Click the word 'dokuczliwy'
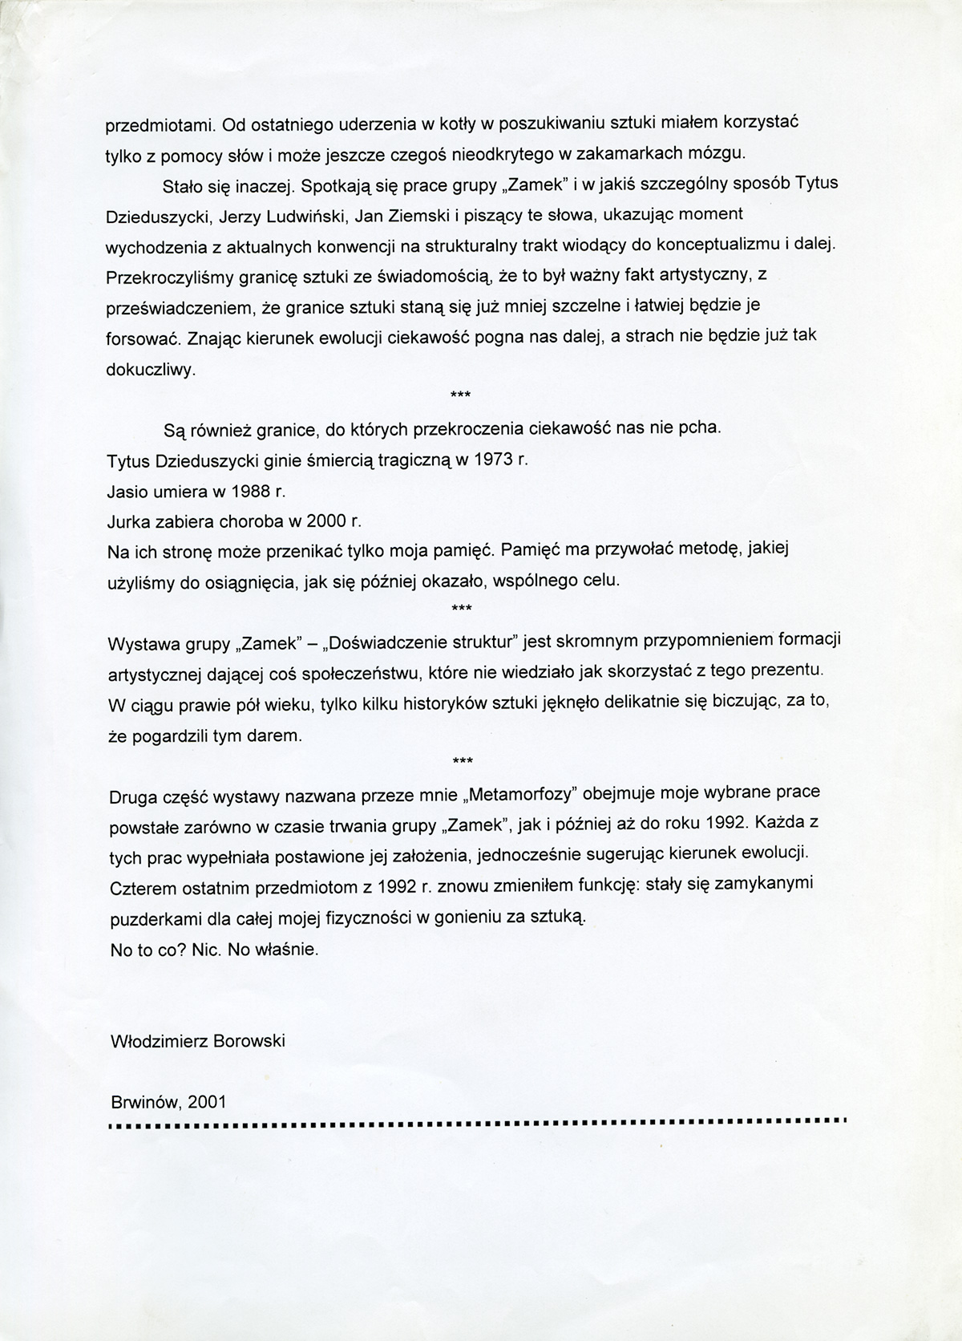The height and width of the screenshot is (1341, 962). (151, 370)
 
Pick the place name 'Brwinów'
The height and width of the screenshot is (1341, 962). (143, 1102)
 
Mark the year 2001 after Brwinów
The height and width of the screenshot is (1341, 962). (208, 1102)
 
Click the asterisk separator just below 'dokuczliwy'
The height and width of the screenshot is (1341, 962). (461, 394)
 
